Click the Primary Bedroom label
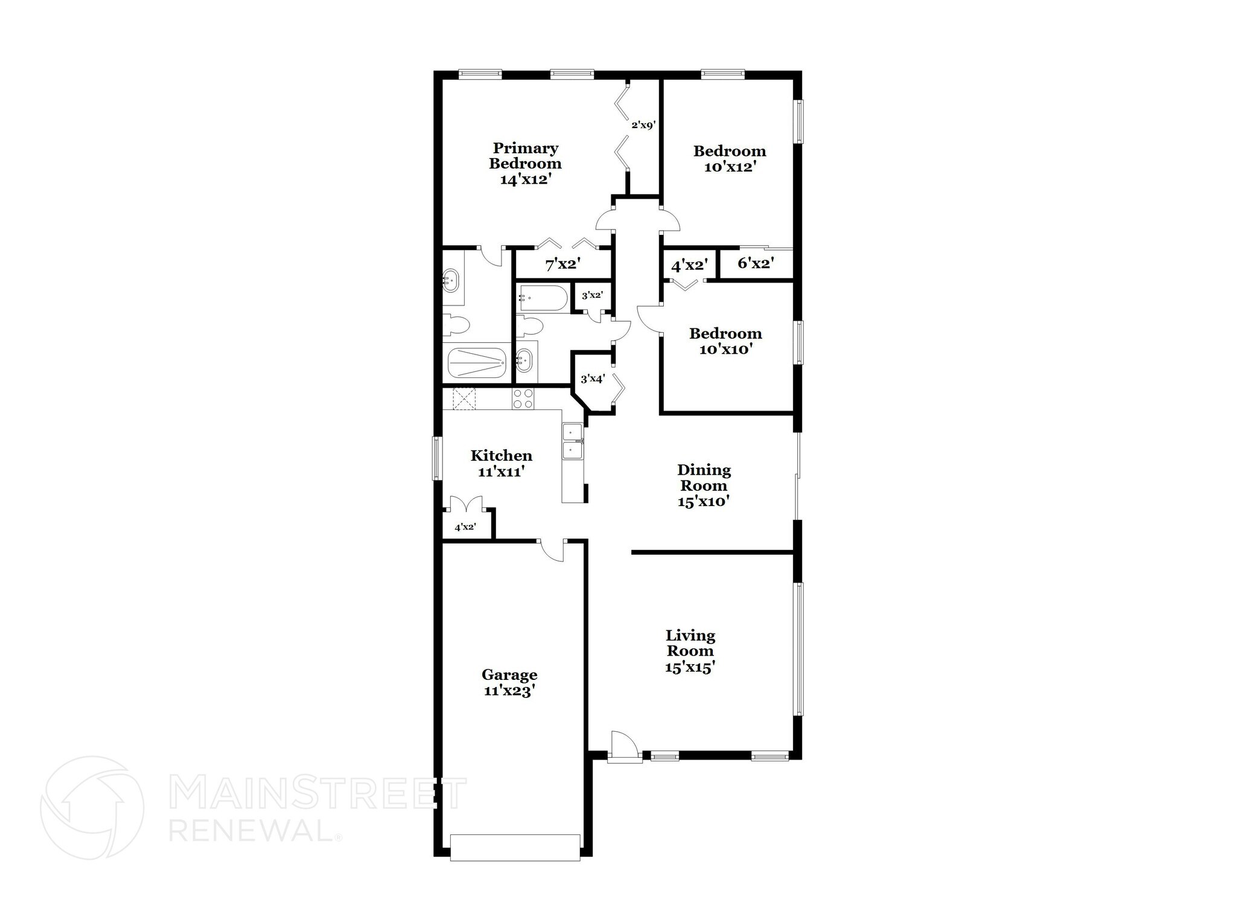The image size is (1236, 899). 525,156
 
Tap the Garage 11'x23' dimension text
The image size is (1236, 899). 509,691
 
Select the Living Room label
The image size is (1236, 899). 690,643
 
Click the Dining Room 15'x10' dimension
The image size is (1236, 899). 704,501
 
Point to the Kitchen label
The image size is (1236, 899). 501,455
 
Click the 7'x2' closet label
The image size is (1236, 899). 562,264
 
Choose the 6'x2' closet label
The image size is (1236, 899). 756,263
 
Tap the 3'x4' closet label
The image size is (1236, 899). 592,379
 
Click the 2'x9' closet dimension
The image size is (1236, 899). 643,126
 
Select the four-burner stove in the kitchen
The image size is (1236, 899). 523,399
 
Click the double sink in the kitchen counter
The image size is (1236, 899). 573,441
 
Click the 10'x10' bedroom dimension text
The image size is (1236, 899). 725,349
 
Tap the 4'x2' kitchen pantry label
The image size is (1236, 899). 465,527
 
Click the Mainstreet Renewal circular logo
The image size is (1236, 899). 92,807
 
